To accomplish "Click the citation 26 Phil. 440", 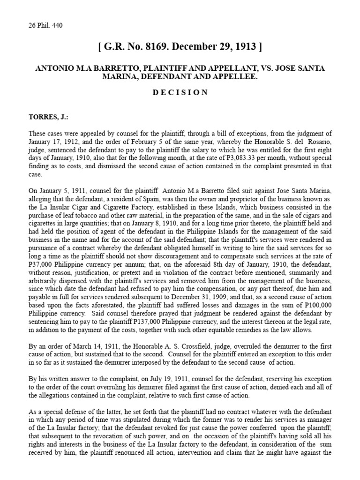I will (45, 25).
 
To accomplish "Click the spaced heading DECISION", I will (180, 92).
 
